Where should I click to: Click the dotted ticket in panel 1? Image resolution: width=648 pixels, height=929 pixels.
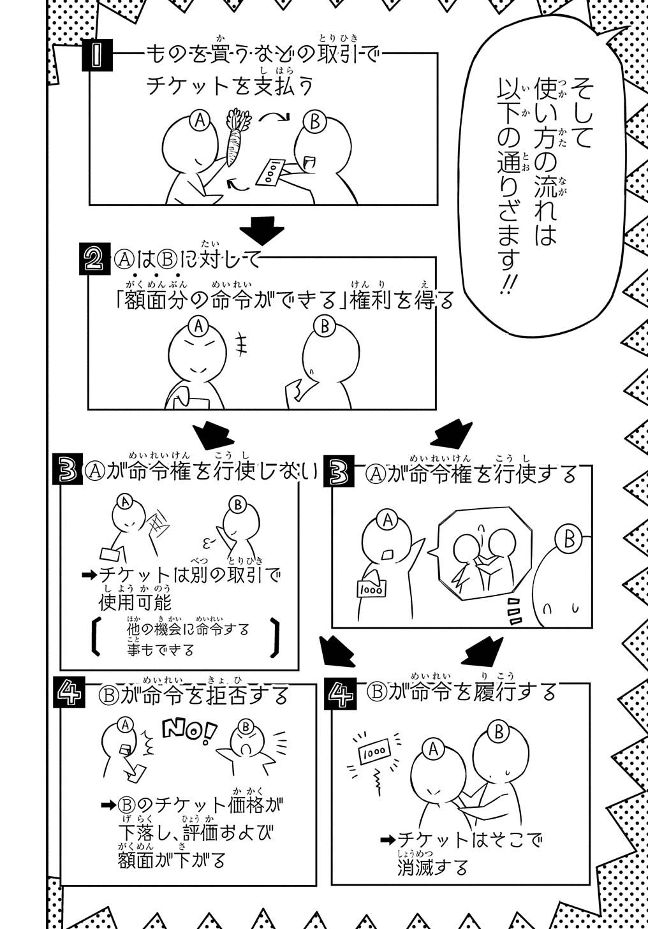pyautogui.click(x=270, y=172)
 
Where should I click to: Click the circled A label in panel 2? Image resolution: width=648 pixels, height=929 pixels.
pyautogui.click(x=199, y=326)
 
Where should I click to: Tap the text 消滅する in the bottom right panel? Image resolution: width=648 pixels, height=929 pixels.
pyautogui.click(x=432, y=868)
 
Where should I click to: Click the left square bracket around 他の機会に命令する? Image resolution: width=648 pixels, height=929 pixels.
pyautogui.click(x=96, y=636)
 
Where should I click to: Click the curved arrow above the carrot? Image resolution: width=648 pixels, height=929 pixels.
pyautogui.click(x=274, y=117)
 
